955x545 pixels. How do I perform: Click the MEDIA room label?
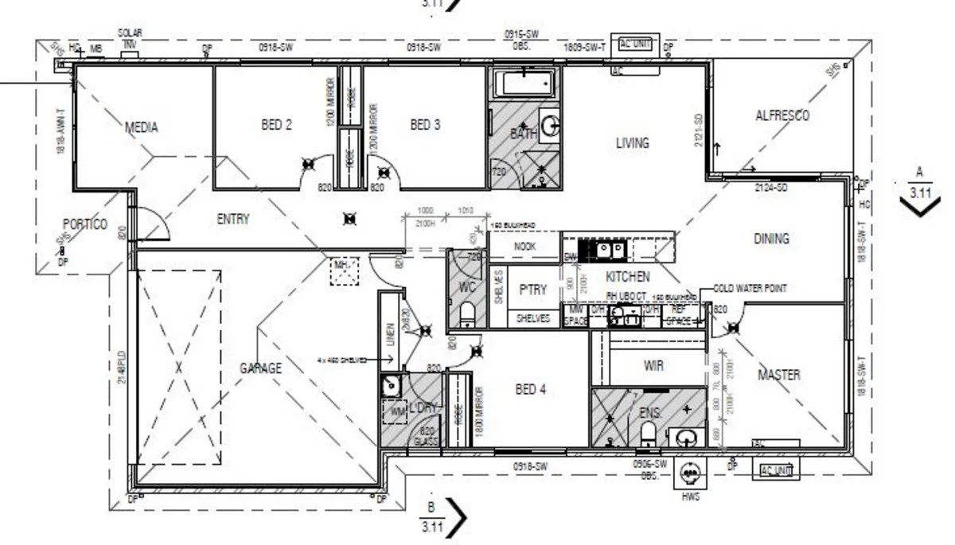(x=141, y=127)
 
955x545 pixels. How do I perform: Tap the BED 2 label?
(x=276, y=124)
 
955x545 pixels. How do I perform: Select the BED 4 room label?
(x=531, y=390)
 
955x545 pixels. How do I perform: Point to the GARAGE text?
(x=260, y=368)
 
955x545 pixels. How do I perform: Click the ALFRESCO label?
(x=782, y=116)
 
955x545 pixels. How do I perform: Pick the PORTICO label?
(x=85, y=224)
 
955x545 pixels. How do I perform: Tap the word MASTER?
(x=778, y=375)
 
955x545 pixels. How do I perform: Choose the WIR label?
(x=653, y=367)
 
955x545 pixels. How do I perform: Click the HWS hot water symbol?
(x=690, y=474)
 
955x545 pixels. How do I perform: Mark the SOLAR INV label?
(x=130, y=38)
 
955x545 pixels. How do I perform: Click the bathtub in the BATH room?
(x=524, y=84)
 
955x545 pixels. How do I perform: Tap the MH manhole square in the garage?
(x=344, y=271)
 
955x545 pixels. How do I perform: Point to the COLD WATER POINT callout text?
(x=750, y=289)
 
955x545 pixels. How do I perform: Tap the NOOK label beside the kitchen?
(x=524, y=247)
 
